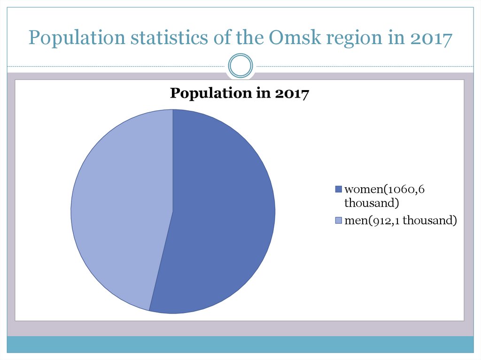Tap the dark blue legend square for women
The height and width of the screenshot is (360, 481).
(x=338, y=190)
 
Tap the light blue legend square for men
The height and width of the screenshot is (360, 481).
(x=338, y=220)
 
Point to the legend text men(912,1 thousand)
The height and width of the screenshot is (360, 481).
(x=400, y=220)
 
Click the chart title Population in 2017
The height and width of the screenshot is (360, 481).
(x=239, y=93)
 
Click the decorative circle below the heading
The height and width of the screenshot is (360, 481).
(x=240, y=65)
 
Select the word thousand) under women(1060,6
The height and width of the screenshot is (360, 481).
(x=372, y=203)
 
